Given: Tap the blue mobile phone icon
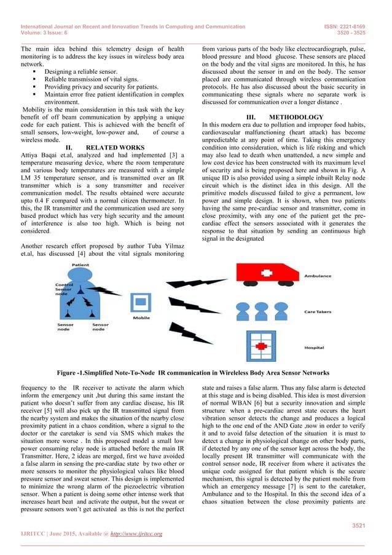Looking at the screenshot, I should pos(141,303).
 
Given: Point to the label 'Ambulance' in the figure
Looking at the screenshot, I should pos(319,276).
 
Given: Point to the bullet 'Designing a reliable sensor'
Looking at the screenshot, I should pos(84,72).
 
